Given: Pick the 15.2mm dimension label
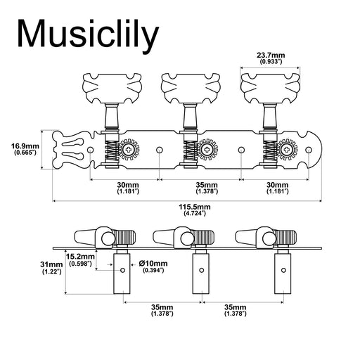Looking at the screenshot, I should (x=78, y=257).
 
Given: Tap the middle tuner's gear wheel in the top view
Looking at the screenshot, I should (x=209, y=150).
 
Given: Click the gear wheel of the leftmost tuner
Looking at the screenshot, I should (x=129, y=150).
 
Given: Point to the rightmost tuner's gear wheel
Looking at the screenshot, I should (x=288, y=150).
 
